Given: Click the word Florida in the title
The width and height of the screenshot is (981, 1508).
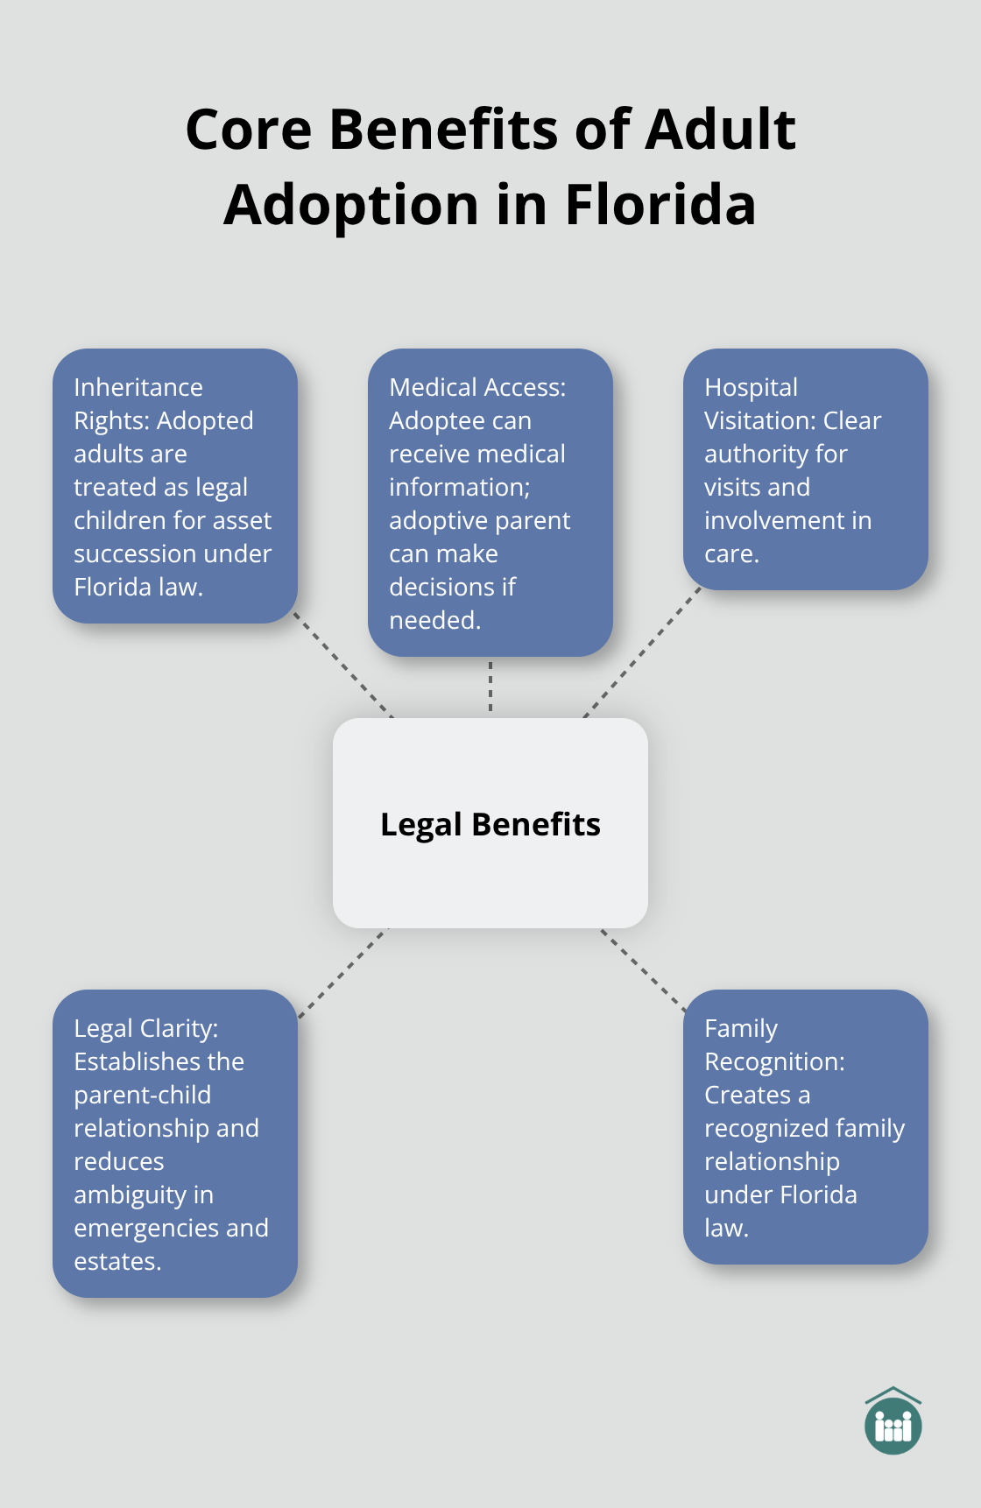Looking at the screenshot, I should click(x=660, y=205).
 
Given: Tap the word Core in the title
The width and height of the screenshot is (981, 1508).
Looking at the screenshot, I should click(x=248, y=130).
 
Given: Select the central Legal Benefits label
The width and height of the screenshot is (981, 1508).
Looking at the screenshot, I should click(x=490, y=824).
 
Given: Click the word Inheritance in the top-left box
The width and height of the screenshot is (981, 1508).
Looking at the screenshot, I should click(x=138, y=387).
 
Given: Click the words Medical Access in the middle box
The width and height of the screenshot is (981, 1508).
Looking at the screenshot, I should click(x=476, y=387).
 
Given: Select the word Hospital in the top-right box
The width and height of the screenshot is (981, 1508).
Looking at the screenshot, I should click(x=751, y=387).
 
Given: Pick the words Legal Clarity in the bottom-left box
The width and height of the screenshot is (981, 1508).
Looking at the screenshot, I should click(x=145, y=1028).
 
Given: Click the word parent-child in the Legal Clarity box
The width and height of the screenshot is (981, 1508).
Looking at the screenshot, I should click(x=142, y=1095).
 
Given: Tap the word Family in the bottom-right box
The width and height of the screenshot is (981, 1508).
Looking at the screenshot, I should click(x=740, y=1028).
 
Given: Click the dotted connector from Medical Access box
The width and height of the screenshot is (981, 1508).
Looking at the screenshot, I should click(x=490, y=687).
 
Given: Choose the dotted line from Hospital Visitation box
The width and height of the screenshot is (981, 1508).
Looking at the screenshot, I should click(x=643, y=652).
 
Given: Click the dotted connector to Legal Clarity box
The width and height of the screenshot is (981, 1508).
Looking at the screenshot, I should click(x=343, y=972).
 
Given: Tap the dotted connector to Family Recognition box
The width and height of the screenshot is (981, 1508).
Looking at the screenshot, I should click(x=642, y=970).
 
